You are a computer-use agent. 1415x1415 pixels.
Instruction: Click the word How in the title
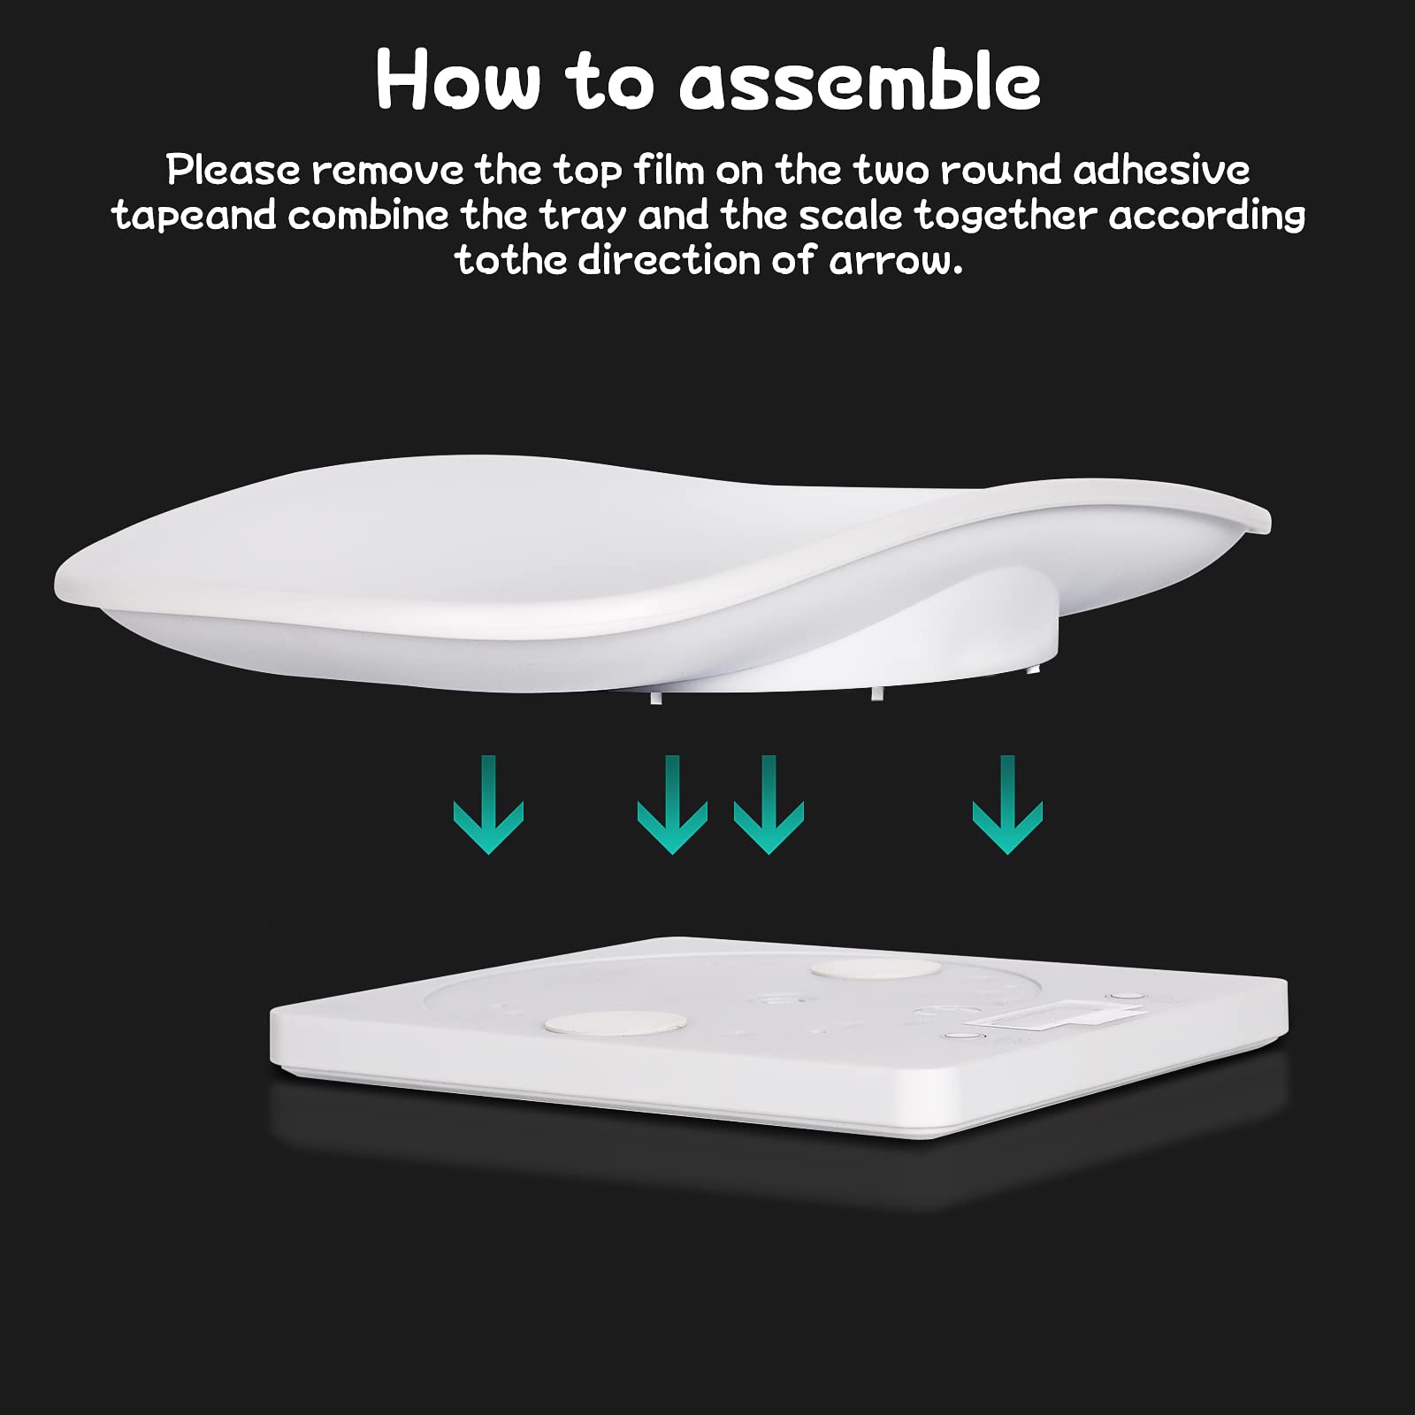(457, 80)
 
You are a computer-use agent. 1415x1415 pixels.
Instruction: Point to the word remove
(387, 171)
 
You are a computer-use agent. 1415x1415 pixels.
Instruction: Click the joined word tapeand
(195, 216)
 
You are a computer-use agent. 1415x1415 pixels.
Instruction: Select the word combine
(368, 215)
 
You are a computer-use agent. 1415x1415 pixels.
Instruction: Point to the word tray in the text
(582, 217)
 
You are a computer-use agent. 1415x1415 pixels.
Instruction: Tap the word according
(1207, 217)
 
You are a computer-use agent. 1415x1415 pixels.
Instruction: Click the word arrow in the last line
(895, 262)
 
